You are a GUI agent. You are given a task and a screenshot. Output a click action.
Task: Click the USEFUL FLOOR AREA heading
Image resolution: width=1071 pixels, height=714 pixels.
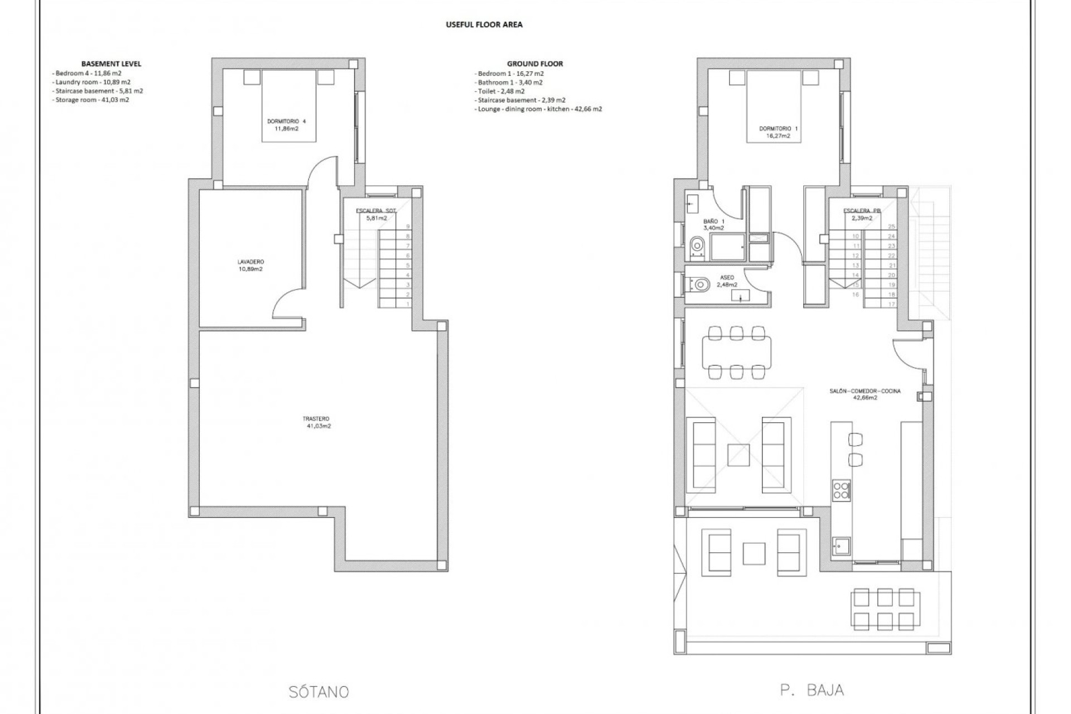pyautogui.click(x=484, y=25)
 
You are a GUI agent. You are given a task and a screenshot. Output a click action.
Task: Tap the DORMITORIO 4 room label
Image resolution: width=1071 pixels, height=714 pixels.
pyautogui.click(x=287, y=122)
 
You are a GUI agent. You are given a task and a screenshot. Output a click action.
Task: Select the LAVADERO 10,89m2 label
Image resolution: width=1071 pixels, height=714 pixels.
pyautogui.click(x=250, y=265)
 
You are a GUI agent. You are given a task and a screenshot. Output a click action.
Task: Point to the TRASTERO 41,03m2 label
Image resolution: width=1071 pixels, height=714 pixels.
pyautogui.click(x=316, y=422)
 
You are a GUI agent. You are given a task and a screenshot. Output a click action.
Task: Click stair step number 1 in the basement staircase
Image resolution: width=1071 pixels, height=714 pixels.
pyautogui.click(x=408, y=304)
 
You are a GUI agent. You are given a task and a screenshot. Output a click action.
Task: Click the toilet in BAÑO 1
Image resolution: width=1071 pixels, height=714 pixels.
pyautogui.click(x=697, y=247)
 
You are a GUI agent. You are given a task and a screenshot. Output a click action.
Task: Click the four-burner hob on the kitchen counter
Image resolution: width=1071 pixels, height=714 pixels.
pyautogui.click(x=841, y=490)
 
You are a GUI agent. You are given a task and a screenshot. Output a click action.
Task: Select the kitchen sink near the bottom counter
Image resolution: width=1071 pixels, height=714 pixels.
pyautogui.click(x=841, y=546)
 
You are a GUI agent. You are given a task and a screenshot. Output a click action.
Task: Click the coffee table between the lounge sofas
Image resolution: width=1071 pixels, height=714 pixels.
pyautogui.click(x=739, y=454)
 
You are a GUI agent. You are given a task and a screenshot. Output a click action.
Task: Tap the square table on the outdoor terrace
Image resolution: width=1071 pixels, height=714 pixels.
pyautogui.click(x=754, y=554)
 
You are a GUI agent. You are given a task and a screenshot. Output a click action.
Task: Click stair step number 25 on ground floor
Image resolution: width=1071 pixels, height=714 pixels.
pyautogui.click(x=891, y=226)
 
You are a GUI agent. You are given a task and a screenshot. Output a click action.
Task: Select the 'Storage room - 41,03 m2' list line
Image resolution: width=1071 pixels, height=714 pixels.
pyautogui.click(x=92, y=100)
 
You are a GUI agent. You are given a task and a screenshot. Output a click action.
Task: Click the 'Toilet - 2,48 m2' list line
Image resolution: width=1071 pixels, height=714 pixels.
pyautogui.click(x=500, y=91)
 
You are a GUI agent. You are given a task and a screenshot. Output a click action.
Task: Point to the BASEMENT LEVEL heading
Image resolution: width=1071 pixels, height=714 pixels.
pyautogui.click(x=111, y=64)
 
